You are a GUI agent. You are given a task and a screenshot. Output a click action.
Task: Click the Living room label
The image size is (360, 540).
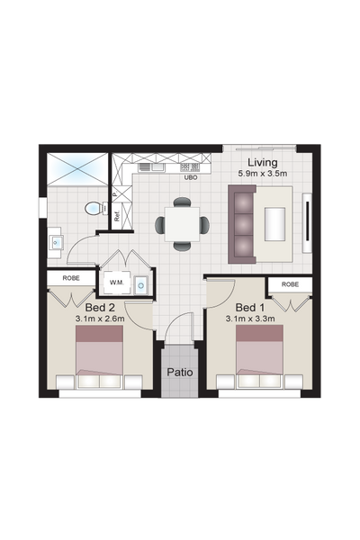click(263, 163)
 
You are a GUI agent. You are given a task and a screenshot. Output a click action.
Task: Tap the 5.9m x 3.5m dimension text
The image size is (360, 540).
click(263, 174)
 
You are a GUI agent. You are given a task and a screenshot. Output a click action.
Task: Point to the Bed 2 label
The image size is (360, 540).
click(100, 307)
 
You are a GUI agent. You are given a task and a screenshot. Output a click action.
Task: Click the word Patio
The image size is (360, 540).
click(180, 373)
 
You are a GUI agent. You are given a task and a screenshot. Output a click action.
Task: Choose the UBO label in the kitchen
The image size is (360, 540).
click(191, 177)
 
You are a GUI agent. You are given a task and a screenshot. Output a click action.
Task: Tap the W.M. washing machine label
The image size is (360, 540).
click(115, 283)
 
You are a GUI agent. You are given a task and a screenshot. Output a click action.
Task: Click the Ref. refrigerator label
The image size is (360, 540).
click(117, 216)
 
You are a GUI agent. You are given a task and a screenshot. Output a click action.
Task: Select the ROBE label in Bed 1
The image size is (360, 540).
click(290, 284)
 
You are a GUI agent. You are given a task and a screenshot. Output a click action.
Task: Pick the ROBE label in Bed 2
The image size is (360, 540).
click(71, 278)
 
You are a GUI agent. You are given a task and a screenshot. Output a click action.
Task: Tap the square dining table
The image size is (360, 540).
click(182, 224)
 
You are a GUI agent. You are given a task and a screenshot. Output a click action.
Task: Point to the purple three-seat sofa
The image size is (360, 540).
click(242, 224)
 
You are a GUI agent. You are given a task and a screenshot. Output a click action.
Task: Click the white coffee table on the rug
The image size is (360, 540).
click(274, 224)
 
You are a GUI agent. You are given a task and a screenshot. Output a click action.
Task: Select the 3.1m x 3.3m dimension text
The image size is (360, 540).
click(250, 319)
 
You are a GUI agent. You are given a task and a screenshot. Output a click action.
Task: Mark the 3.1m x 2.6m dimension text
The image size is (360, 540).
click(100, 319)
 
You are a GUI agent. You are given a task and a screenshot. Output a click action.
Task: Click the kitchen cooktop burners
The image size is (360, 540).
click(190, 167)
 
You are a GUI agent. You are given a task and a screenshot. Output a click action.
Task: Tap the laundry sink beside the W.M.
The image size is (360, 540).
click(141, 284)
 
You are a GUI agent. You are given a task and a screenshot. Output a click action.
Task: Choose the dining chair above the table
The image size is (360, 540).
click(182, 202)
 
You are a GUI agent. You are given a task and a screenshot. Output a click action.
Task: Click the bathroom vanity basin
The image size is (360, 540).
click(56, 242)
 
